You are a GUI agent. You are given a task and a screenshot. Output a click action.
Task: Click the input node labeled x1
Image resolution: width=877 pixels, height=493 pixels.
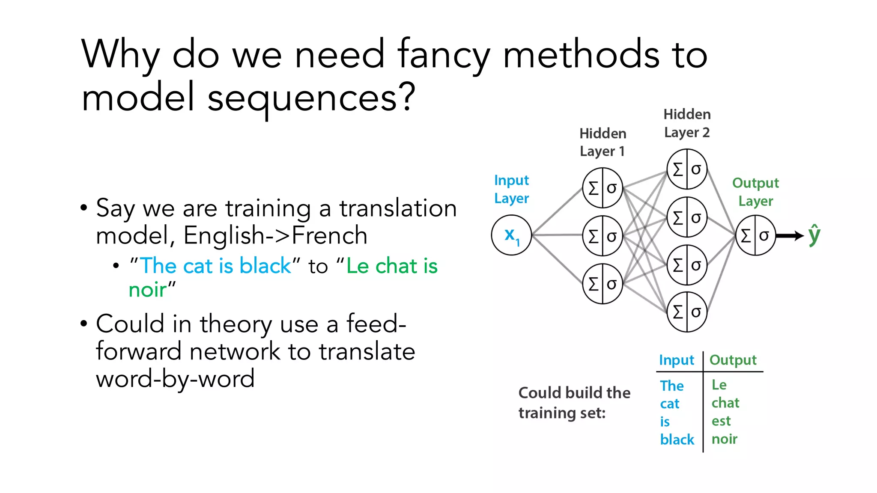[511, 235]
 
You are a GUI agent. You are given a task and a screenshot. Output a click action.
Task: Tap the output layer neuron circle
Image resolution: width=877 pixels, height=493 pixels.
[755, 235]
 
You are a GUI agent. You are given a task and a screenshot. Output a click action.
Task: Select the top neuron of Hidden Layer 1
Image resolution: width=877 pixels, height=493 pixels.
[603, 188]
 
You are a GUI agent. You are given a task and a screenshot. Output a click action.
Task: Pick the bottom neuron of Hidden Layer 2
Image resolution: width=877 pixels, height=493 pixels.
[687, 312]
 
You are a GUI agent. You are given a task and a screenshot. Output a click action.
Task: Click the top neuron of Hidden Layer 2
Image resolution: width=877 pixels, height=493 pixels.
[687, 169]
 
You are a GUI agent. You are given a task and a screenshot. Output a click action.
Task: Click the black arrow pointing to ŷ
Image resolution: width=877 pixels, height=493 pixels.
[790, 235]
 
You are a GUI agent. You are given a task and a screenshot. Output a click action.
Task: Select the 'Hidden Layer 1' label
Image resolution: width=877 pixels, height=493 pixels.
[603, 142]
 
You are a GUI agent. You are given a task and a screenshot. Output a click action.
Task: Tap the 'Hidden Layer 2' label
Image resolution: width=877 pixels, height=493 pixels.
[687, 123]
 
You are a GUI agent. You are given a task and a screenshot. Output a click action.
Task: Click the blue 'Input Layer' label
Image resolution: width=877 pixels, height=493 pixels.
[511, 189]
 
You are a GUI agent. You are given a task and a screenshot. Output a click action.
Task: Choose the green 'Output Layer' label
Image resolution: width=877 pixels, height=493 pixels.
[755, 192]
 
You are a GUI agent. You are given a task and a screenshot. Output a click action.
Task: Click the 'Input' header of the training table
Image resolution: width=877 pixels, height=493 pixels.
[676, 360]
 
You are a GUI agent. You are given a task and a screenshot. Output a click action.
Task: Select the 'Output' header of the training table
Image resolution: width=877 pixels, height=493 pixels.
[733, 360]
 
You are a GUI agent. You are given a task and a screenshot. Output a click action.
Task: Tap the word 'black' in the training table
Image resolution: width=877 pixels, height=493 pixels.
[677, 440]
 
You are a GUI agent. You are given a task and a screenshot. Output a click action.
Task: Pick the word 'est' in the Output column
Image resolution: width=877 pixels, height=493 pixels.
[721, 421]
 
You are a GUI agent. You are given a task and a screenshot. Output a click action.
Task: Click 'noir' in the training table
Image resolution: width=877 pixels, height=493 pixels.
[724, 439]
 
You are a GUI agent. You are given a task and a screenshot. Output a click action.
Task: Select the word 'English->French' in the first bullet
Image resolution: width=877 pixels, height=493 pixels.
[275, 235]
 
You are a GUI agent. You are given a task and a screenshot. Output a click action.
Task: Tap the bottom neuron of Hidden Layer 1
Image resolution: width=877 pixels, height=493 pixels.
[603, 284]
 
